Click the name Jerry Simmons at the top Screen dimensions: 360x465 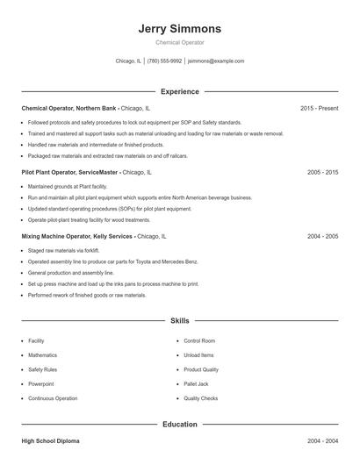180,28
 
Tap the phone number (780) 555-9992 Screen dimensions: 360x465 164,61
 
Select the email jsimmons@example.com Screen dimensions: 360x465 216,61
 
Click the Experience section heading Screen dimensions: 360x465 180,91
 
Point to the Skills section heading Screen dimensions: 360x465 180,321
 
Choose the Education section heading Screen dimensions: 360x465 180,425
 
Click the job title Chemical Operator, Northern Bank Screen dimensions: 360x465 69,108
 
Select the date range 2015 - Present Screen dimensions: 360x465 319,108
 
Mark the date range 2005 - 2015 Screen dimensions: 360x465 322,173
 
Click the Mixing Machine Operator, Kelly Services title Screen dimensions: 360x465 77,237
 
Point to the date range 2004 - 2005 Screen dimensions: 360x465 322,237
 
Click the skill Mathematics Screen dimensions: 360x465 42,355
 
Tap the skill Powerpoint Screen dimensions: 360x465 40,384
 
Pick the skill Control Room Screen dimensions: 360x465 199,340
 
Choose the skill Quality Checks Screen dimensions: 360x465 201,398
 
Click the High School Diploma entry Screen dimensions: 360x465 52,441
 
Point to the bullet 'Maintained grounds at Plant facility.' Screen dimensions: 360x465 68,187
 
